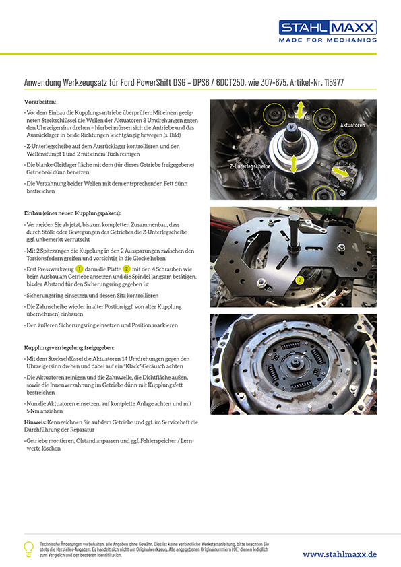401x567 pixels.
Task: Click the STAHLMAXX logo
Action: (328, 28)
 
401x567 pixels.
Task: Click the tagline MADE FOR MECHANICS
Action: (328, 40)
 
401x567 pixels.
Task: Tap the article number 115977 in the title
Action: (334, 82)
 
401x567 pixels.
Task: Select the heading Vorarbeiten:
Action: (40, 102)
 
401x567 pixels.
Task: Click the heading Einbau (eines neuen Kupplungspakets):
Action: (72, 213)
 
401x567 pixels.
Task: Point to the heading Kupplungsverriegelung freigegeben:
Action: (69, 348)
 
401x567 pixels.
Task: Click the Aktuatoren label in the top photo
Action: (352, 125)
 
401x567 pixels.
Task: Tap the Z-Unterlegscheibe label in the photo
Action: (250, 166)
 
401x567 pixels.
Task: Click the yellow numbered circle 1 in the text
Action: (80, 269)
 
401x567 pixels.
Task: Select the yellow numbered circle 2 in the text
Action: (126, 269)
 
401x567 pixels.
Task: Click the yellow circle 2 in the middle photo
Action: (299, 280)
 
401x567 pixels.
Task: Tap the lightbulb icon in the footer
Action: (28, 549)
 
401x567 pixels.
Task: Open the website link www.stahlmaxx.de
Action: (340, 554)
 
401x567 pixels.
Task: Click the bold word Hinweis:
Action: (35, 422)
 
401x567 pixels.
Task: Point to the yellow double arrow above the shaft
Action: (300, 110)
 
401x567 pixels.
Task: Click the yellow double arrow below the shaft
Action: (294, 164)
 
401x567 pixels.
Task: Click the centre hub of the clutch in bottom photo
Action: (292, 365)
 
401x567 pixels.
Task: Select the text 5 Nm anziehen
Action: (44, 411)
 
